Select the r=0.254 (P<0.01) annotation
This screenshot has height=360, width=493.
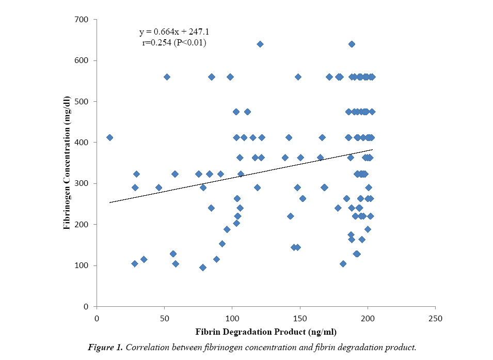[x=174, y=43]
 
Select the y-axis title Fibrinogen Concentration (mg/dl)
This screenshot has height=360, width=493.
[x=67, y=163]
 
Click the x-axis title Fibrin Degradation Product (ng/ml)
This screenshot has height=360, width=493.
[x=266, y=331]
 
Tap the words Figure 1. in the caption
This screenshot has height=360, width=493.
[x=106, y=347]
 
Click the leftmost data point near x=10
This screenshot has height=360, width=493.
[x=109, y=137]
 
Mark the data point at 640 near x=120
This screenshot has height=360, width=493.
[x=260, y=44]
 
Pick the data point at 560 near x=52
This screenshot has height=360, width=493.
[x=167, y=77]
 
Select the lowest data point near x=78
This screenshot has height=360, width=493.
[x=203, y=268]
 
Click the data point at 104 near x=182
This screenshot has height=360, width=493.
[x=343, y=264]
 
